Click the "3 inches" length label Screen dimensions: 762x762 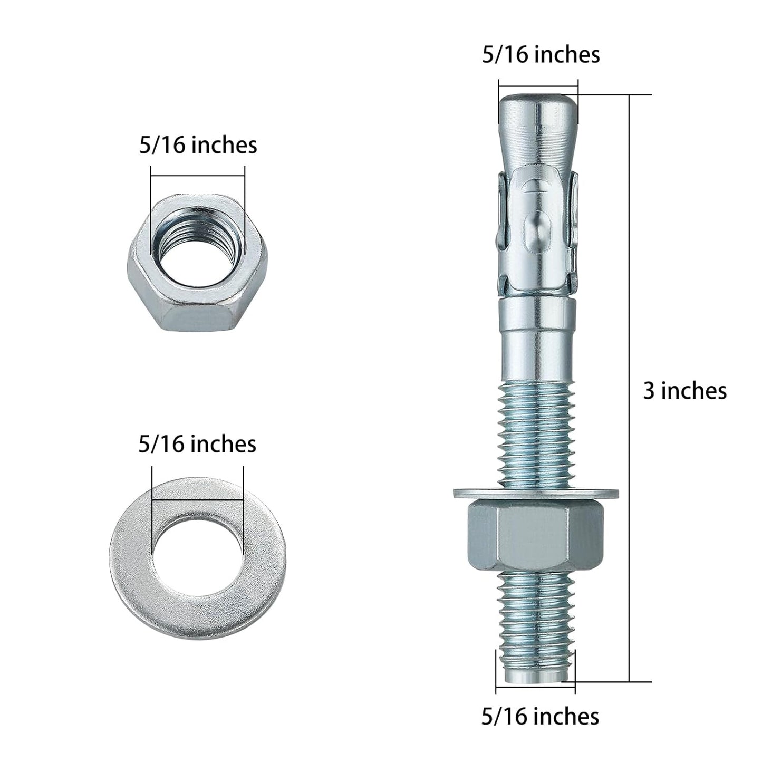pyautogui.click(x=684, y=391)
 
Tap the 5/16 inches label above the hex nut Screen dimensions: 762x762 pyautogui.click(x=198, y=145)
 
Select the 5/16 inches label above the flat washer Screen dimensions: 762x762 pyautogui.click(x=197, y=444)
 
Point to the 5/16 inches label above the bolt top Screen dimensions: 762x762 pyautogui.click(x=541, y=54)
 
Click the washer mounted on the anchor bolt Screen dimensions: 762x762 pyautogui.click(x=536, y=493)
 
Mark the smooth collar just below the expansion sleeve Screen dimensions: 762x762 pyautogui.click(x=537, y=332)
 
